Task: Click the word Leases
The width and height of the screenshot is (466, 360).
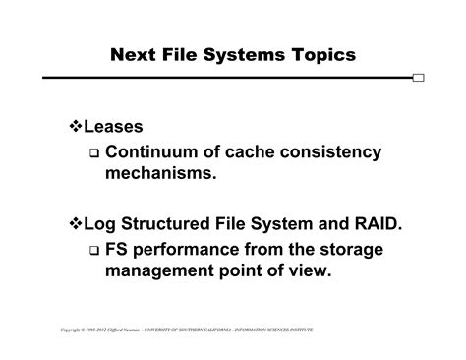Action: coord(117,128)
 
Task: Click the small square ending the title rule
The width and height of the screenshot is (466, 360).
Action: coord(420,78)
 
